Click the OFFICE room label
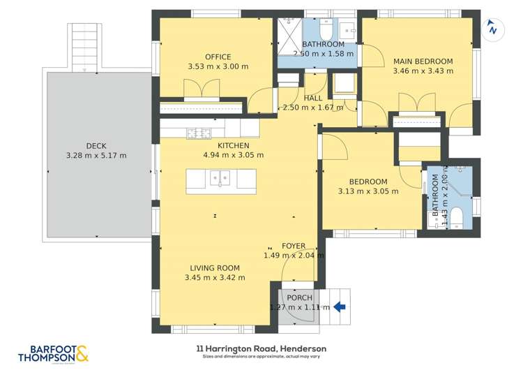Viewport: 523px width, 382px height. click(x=218, y=57)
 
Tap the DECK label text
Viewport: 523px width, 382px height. click(x=96, y=146)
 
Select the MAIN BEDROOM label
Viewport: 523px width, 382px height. click(x=423, y=61)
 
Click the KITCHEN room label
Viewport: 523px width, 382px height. click(x=233, y=146)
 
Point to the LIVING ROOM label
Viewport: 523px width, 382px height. click(x=215, y=268)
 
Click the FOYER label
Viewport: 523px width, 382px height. click(x=294, y=246)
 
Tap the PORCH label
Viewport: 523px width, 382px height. click(x=299, y=298)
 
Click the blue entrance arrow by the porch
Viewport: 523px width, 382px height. click(x=340, y=306)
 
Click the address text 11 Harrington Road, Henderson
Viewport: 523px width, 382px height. click(x=261, y=348)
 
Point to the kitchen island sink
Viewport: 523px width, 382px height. click(x=220, y=179)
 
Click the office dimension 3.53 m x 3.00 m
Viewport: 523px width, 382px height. click(x=218, y=67)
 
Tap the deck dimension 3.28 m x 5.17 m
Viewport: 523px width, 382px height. click(x=96, y=156)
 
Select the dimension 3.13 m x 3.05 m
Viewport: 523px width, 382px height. click(x=367, y=191)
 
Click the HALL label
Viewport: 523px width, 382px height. click(x=313, y=98)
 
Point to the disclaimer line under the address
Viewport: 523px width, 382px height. click(x=261, y=357)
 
